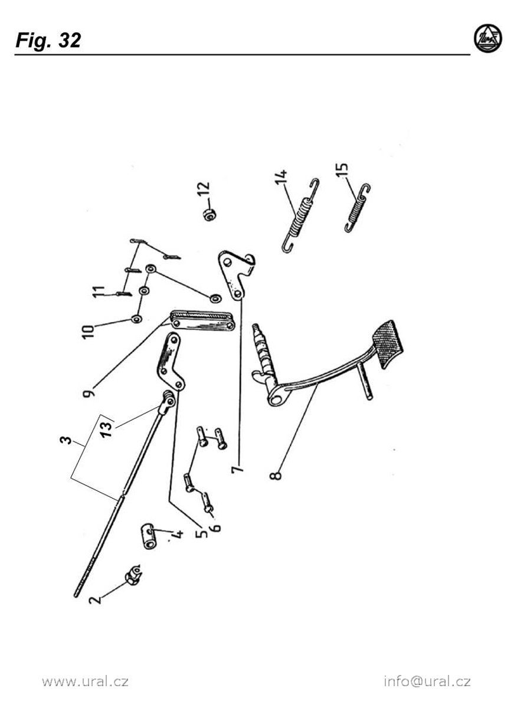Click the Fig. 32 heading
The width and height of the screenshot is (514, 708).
coord(48,41)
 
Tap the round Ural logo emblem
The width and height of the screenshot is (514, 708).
coord(488,38)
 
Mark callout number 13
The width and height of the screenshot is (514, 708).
coord(107,427)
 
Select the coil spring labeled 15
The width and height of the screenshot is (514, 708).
coord(358,208)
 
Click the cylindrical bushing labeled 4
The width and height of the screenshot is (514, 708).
coord(149,536)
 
